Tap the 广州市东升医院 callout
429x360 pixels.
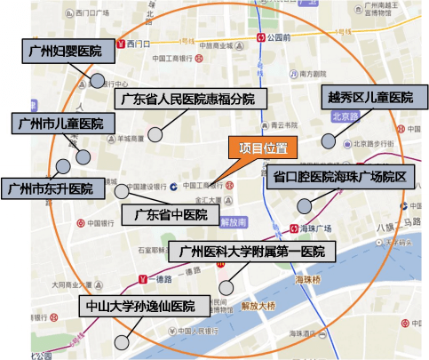(x=50, y=188)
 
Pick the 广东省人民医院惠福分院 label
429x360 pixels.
(x=185, y=98)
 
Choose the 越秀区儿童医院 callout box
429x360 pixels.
(x=370, y=97)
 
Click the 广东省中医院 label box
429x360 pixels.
(x=171, y=215)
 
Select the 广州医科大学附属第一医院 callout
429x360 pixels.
(x=252, y=252)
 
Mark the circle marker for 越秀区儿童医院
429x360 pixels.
(x=329, y=140)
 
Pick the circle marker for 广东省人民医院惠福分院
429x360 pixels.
(x=155, y=134)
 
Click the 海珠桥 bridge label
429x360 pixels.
(x=307, y=277)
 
